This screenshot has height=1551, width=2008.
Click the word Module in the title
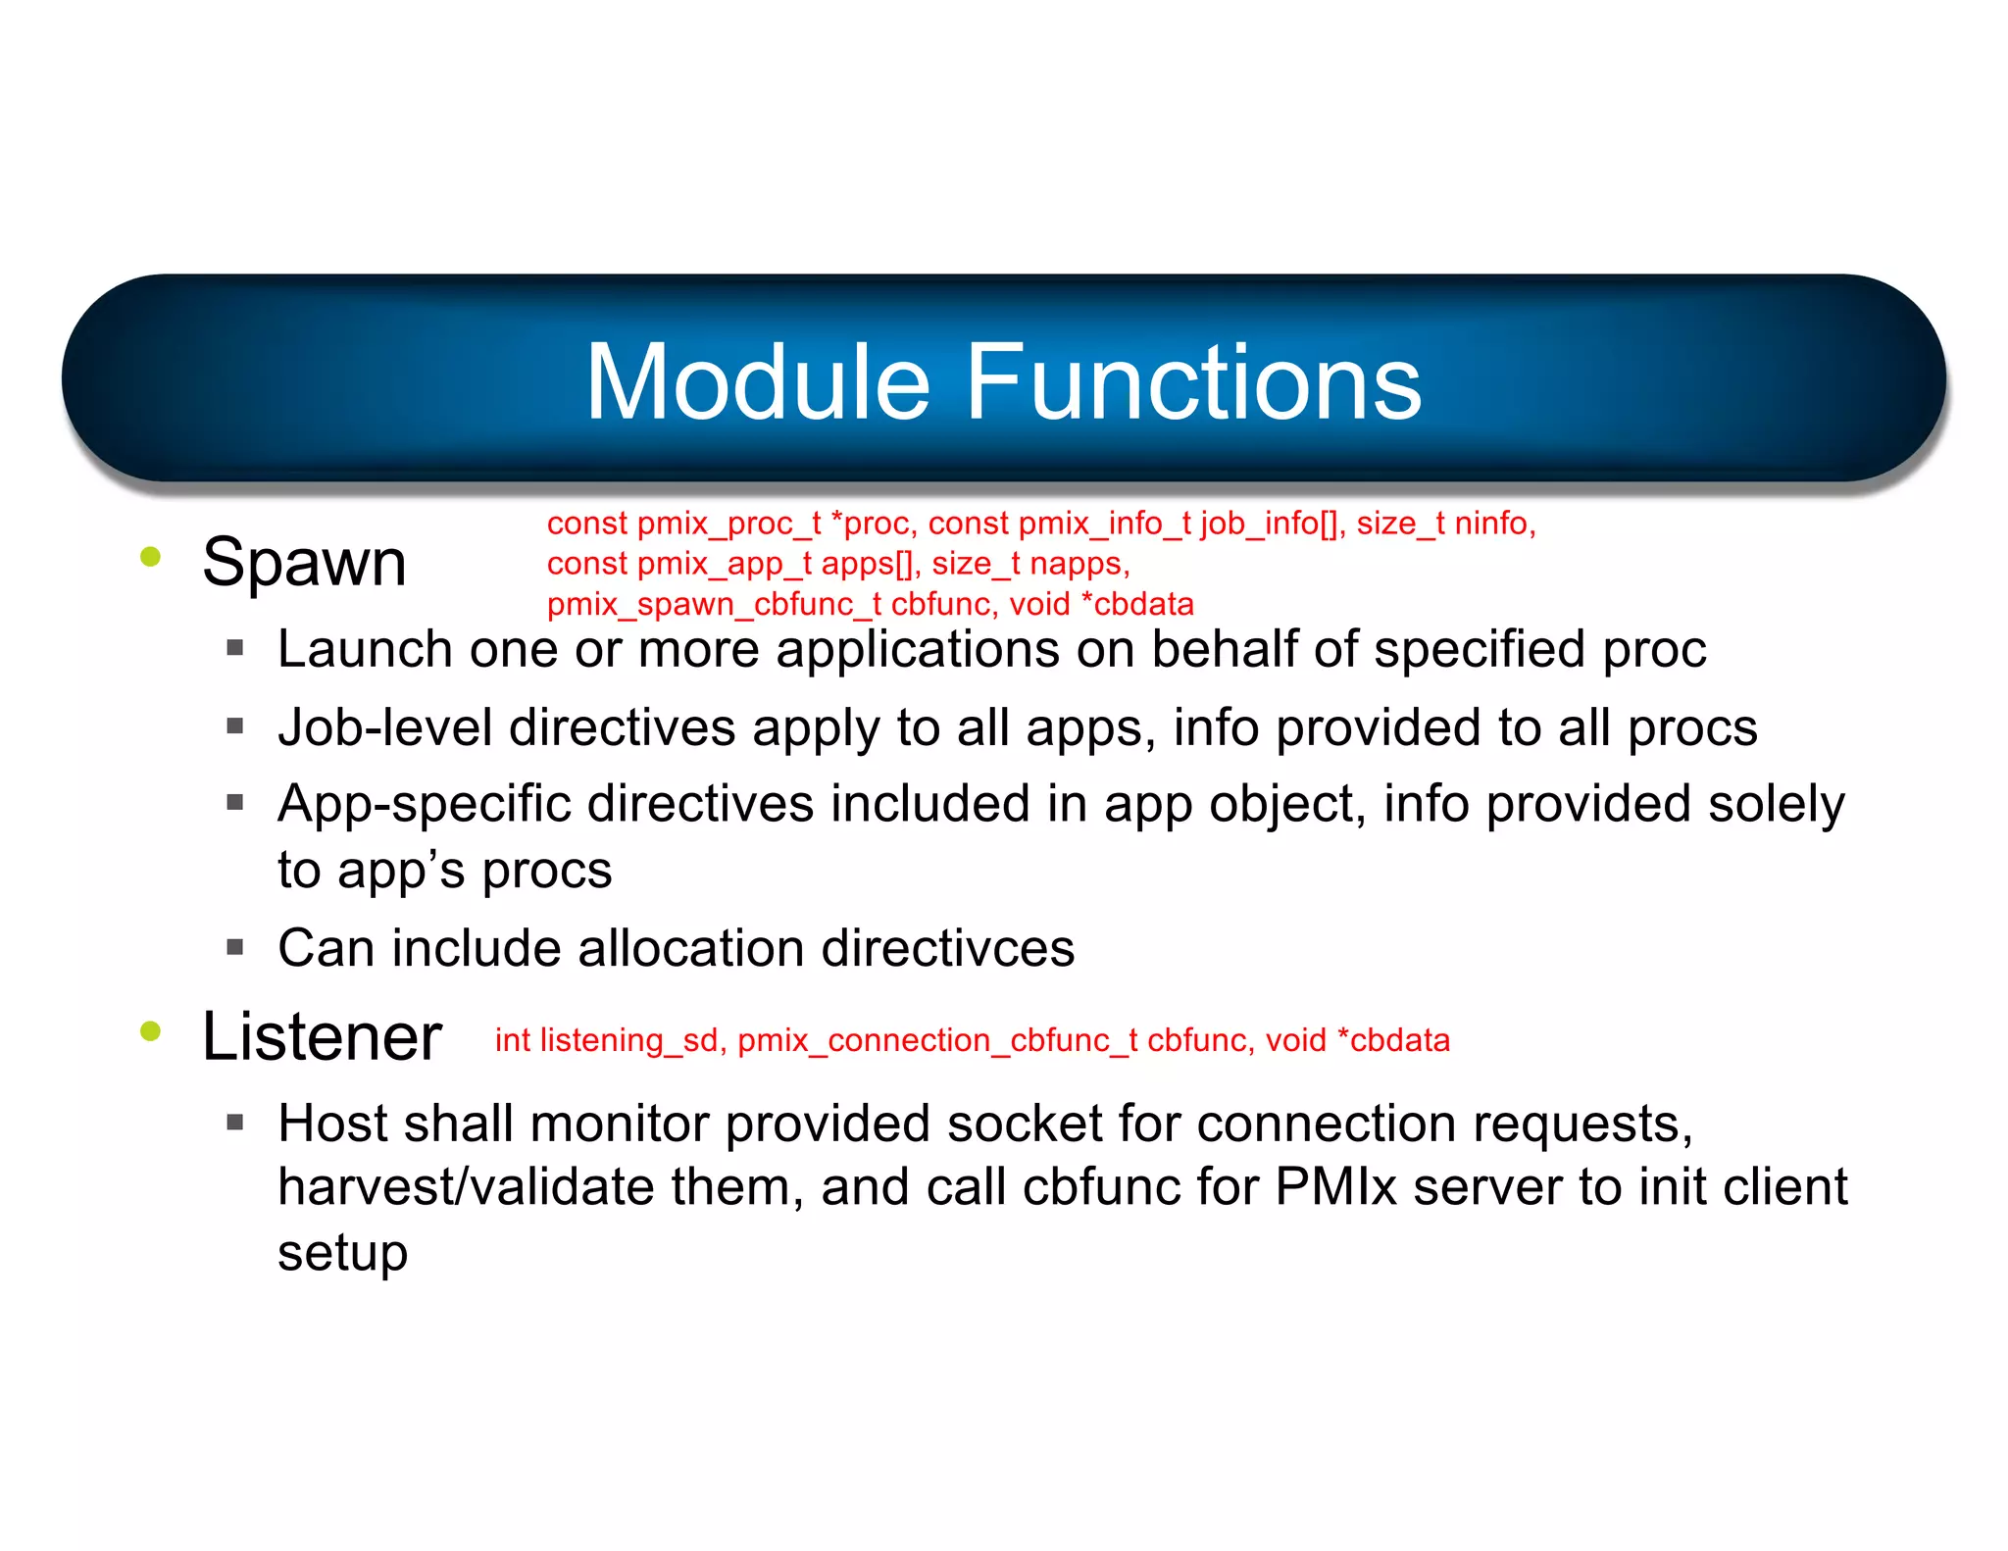point(757,382)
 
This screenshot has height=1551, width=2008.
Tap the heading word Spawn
point(304,563)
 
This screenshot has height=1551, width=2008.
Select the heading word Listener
point(322,1036)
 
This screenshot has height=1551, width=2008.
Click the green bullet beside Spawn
point(150,557)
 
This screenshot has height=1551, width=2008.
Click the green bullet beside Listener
point(150,1030)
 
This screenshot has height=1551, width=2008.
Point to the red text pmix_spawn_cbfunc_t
point(714,604)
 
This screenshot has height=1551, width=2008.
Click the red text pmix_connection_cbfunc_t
point(937,1040)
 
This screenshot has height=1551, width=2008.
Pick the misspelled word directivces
point(947,948)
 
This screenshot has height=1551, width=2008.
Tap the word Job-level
point(384,727)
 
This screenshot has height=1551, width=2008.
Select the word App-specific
point(424,804)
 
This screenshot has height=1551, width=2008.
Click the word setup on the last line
point(342,1252)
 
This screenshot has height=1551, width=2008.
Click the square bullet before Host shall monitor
point(234,1123)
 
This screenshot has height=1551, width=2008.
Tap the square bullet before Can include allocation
point(234,948)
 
